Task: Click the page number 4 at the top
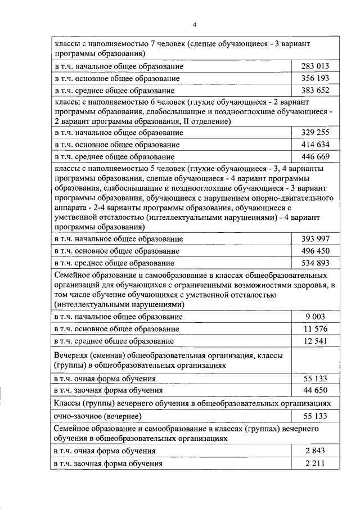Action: (x=195, y=24)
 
